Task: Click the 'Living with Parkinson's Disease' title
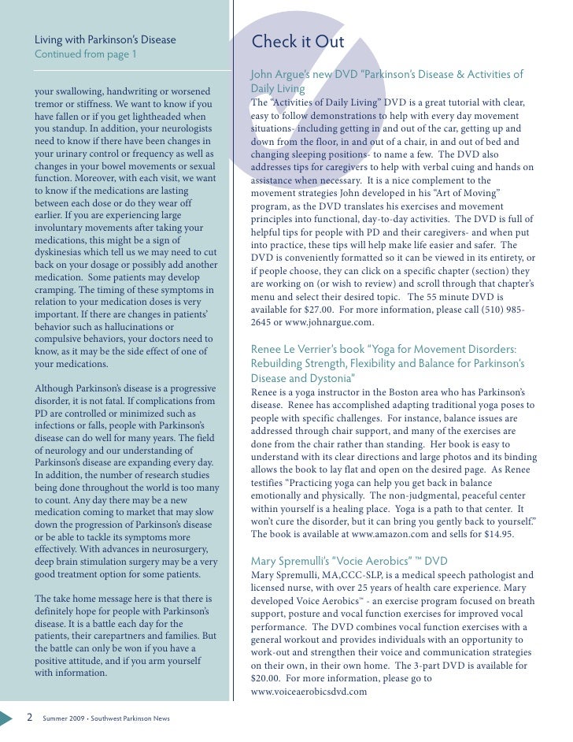(x=105, y=40)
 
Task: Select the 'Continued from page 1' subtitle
(x=85, y=54)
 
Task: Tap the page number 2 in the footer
(x=29, y=718)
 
